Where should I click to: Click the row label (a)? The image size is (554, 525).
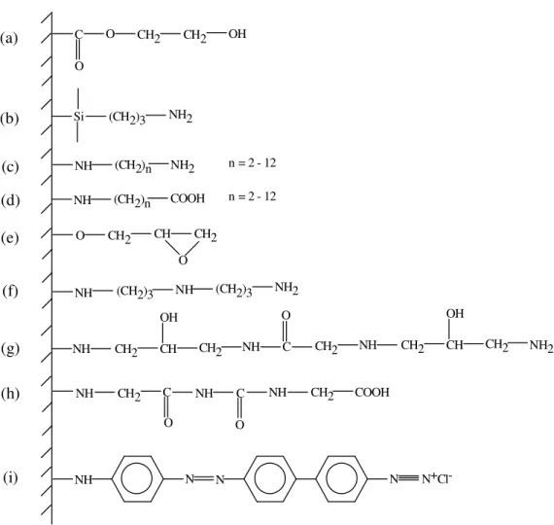tap(9, 38)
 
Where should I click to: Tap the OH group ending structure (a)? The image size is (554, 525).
tap(237, 34)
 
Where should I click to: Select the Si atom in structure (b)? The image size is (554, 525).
tap(79, 117)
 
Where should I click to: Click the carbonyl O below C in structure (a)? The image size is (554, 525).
tap(79, 66)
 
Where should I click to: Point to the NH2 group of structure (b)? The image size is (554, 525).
tap(181, 116)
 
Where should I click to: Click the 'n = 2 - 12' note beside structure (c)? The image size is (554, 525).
tap(253, 163)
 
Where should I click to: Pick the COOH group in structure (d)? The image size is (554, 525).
tap(188, 198)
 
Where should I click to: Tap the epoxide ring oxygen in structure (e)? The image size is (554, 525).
tap(183, 261)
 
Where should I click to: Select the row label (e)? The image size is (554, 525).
tap(10, 238)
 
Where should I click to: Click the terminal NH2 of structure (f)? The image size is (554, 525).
tap(287, 288)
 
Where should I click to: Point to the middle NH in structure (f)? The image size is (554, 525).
tap(184, 290)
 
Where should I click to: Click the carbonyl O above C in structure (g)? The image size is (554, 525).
tap(286, 315)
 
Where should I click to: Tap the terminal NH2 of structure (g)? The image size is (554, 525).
tap(541, 345)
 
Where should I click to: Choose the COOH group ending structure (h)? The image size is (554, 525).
tap(372, 393)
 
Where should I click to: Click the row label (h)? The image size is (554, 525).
tap(11, 394)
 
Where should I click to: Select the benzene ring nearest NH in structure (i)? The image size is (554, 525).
tap(137, 478)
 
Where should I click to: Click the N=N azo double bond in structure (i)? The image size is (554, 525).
tap(205, 479)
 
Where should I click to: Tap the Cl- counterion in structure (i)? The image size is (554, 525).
tap(445, 478)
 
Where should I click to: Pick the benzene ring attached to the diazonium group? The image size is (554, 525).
tap(341, 478)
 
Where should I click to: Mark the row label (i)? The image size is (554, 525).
tap(11, 478)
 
